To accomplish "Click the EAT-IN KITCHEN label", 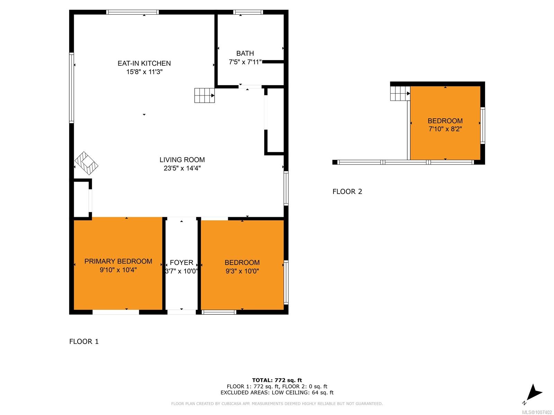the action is pyautogui.click(x=144, y=63).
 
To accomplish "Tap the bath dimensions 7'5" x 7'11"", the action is pyautogui.click(x=245, y=62).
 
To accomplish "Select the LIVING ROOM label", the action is pyautogui.click(x=182, y=159).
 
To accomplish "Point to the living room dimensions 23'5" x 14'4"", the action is pyautogui.click(x=182, y=168).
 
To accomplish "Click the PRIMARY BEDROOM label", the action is pyautogui.click(x=118, y=261).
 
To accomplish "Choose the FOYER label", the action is pyautogui.click(x=181, y=262).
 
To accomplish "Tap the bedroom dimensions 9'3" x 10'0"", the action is pyautogui.click(x=242, y=271).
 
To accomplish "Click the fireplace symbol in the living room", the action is pyautogui.click(x=86, y=163).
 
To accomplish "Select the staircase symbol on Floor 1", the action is pyautogui.click(x=204, y=95).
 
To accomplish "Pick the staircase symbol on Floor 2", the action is pyautogui.click(x=400, y=93).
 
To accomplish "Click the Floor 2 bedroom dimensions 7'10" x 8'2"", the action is pyautogui.click(x=445, y=129).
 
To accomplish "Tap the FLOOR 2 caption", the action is pyautogui.click(x=347, y=192).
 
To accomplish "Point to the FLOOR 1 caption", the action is pyautogui.click(x=84, y=341).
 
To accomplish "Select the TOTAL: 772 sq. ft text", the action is pyautogui.click(x=277, y=380).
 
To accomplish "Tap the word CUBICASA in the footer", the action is pyautogui.click(x=231, y=404).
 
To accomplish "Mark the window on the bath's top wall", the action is pyautogui.click(x=248, y=12).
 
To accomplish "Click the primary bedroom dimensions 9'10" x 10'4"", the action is pyautogui.click(x=118, y=270).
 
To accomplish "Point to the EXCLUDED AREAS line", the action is pyautogui.click(x=277, y=393).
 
